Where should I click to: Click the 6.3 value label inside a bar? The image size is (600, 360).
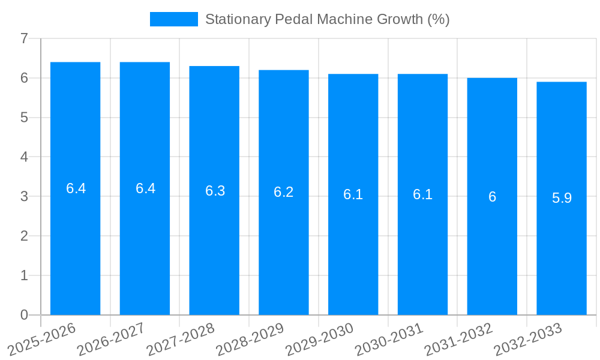tap(215, 191)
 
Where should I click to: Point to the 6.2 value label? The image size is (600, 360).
tap(284, 192)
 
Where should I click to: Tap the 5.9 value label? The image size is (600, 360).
tap(562, 198)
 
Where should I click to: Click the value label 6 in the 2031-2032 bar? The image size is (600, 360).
tap(492, 197)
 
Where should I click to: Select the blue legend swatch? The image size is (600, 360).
tap(173, 19)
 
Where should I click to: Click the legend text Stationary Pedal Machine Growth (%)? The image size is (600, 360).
tap(327, 19)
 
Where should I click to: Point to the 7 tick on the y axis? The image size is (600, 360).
tap(24, 38)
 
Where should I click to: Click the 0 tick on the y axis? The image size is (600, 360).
tap(24, 315)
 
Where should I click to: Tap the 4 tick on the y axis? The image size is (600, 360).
tap(24, 157)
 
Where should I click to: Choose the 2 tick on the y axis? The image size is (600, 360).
tap(24, 236)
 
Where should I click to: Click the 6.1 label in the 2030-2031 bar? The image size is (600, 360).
tap(422, 194)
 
